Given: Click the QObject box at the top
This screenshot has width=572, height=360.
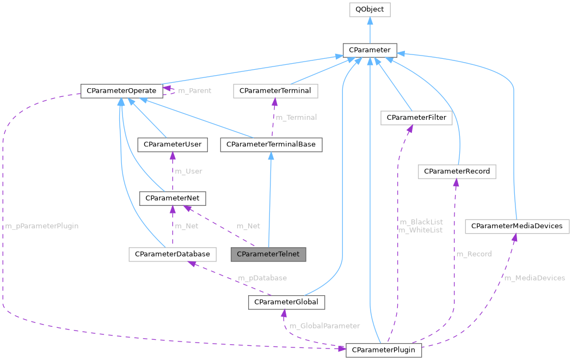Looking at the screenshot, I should (x=370, y=9).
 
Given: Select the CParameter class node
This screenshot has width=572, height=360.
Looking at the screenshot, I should (x=370, y=50).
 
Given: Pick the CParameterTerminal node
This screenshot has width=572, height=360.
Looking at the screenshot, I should (x=275, y=90).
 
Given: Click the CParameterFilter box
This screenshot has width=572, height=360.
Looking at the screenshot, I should (x=416, y=117).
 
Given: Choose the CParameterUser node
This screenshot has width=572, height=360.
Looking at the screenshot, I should (x=173, y=144).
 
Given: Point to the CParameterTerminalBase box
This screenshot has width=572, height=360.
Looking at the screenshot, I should (x=271, y=144).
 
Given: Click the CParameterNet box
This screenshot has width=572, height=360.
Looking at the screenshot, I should (x=173, y=198).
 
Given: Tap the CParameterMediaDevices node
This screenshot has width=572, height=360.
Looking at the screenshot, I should (x=516, y=225).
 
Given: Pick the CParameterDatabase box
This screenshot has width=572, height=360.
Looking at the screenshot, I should (x=173, y=254).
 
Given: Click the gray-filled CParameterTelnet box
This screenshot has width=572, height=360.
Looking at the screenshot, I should (x=268, y=254).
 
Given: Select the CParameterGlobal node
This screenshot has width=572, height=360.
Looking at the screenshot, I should (x=287, y=302).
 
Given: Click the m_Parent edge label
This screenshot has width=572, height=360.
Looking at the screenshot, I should (x=194, y=90).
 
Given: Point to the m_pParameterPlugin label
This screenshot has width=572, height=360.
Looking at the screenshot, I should (x=42, y=226).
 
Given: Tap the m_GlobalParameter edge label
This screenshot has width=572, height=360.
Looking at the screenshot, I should (x=324, y=326).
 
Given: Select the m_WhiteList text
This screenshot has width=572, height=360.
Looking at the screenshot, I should (x=420, y=230).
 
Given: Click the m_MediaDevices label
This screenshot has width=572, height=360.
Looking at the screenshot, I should (x=534, y=278).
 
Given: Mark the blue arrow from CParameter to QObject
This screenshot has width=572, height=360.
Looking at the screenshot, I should (x=370, y=29).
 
